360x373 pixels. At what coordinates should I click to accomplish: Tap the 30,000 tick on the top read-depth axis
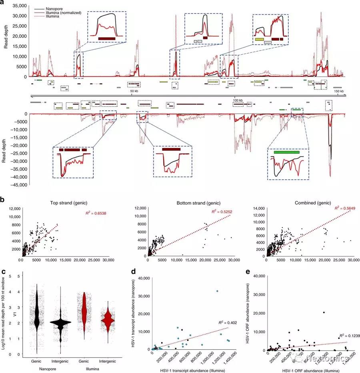tap(20, 16)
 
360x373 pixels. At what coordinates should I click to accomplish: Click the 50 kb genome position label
tap(134, 92)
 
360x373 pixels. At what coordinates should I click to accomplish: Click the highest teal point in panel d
tap(217, 291)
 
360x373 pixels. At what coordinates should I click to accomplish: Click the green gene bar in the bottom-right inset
tap(286, 152)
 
